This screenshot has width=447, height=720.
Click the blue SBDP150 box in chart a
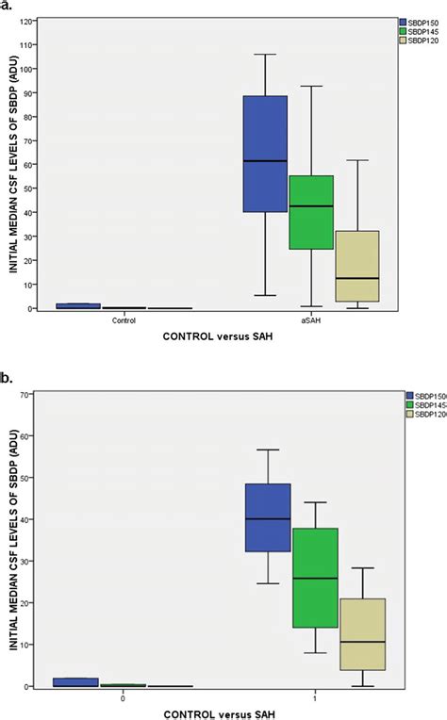coord(265,154)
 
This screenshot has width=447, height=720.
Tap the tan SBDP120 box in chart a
coord(356,266)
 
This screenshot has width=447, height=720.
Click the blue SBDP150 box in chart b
coord(267,517)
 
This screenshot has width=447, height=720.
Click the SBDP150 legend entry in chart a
coord(410,20)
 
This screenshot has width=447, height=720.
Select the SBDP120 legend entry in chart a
coord(410,41)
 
